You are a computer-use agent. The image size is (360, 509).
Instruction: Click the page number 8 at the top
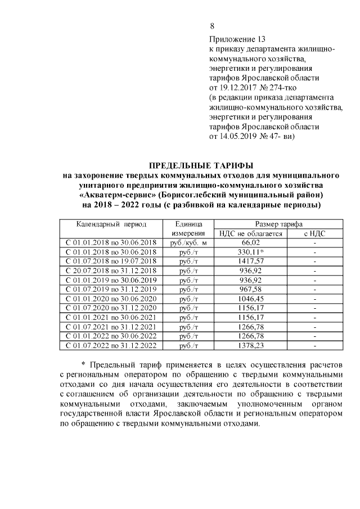(x=212, y=26)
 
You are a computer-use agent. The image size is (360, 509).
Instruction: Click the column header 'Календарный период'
(x=111, y=224)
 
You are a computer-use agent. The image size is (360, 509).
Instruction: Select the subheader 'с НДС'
(x=315, y=233)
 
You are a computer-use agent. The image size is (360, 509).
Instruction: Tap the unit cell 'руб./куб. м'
(x=188, y=242)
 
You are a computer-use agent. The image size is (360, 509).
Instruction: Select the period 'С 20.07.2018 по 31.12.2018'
(x=111, y=271)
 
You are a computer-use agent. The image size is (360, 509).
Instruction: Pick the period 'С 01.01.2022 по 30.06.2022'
(x=111, y=336)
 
